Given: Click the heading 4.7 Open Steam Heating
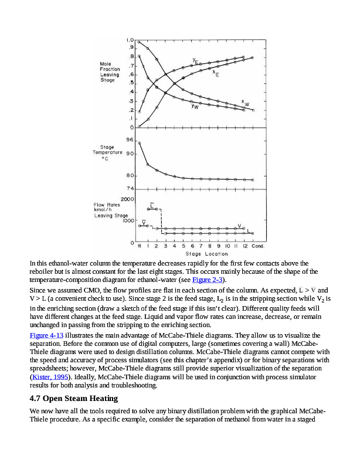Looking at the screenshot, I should click(73, 399).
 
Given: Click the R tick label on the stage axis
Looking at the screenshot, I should click(139, 246).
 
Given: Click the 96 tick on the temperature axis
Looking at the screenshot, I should click(130, 140).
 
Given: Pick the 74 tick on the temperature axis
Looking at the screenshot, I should click(130, 188).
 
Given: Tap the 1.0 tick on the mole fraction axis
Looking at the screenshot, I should click(130, 39).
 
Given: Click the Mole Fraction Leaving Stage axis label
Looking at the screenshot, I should click(110, 72).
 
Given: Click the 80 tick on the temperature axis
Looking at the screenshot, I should click(130, 175).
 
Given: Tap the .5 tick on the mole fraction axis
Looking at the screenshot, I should click(131, 83).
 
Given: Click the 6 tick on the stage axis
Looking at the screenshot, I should click(192, 246).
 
